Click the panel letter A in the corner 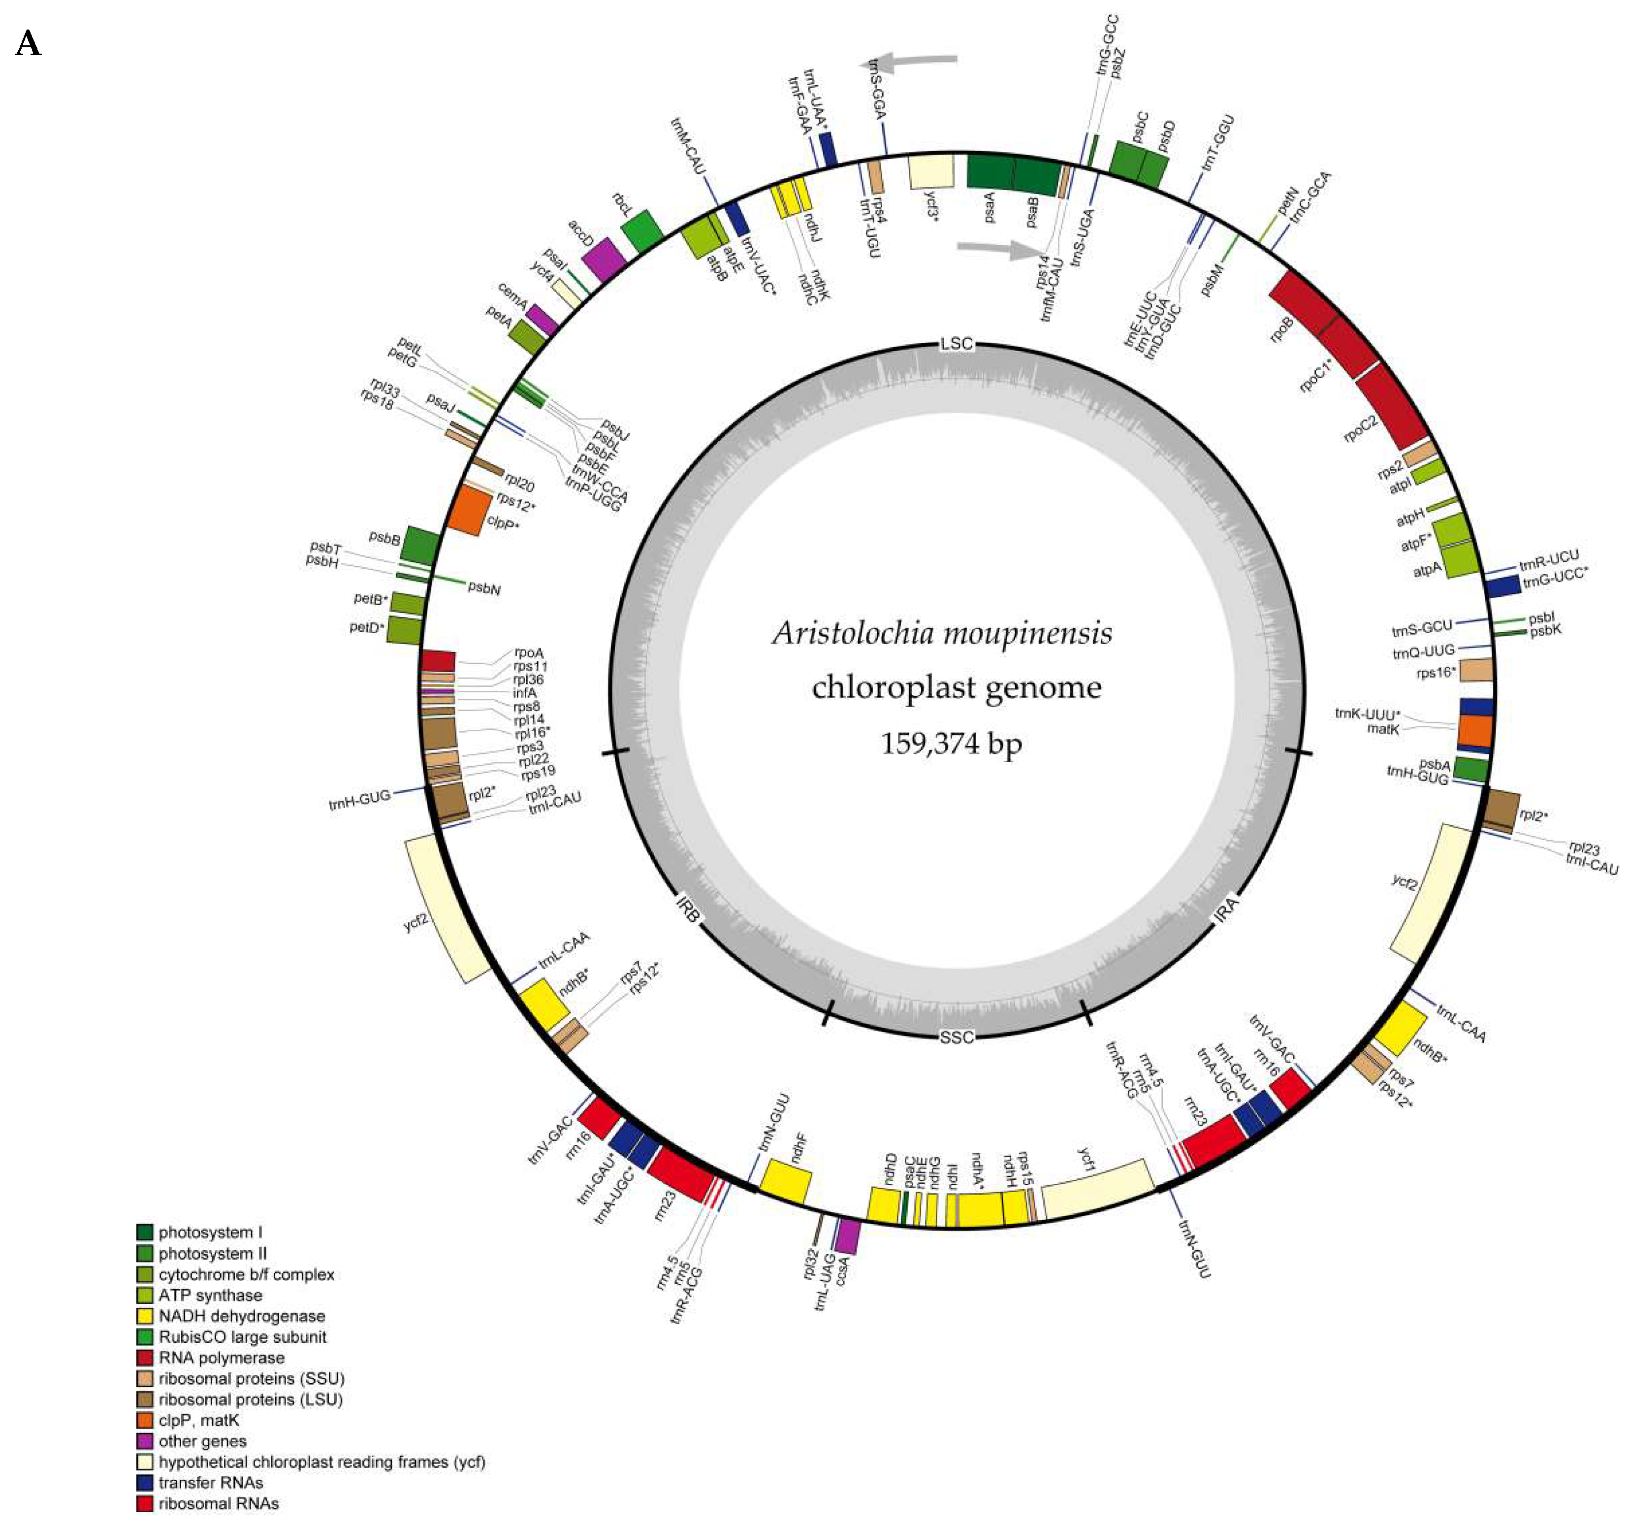point(28,43)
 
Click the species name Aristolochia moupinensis point(942,633)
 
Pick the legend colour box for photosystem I point(145,1232)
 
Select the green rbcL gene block point(643,232)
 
